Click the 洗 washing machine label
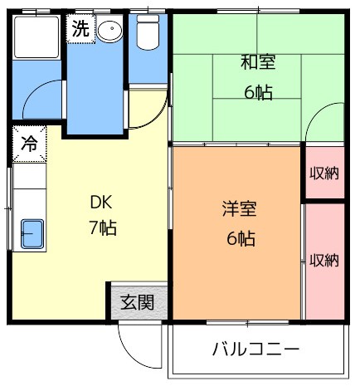coord(80,28)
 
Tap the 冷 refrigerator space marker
coord(29,144)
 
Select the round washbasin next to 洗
coord(109,28)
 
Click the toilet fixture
coord(148,32)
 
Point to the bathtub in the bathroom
coord(36,37)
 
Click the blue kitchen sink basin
coord(32,234)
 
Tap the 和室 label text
coord(258,62)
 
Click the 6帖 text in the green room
coord(258,92)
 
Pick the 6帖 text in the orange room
coord(241,238)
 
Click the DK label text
coord(101,203)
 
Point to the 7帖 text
coord(102,227)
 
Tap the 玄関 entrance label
coord(138,302)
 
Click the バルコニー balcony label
coord(255,349)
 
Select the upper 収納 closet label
coord(324,173)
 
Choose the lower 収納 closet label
coord(324,260)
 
